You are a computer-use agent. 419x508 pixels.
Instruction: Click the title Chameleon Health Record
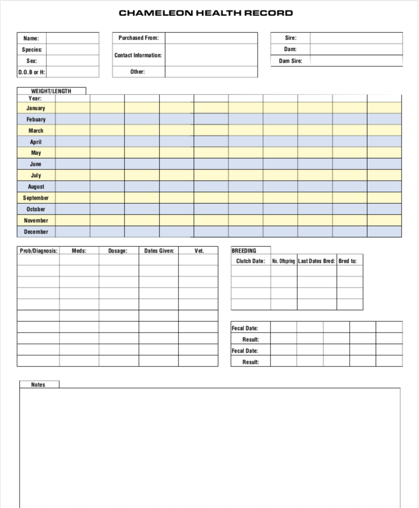(x=206, y=13)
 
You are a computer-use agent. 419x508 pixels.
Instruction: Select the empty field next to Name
(x=72, y=38)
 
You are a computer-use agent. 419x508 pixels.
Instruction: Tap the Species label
(x=32, y=50)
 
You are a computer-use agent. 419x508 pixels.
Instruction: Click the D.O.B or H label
(x=32, y=72)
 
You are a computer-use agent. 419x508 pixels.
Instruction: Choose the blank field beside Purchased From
(x=211, y=38)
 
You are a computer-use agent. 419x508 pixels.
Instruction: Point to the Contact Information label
(x=138, y=55)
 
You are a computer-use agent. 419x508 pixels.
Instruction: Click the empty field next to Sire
(x=356, y=38)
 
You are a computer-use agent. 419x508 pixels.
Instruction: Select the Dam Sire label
(x=290, y=61)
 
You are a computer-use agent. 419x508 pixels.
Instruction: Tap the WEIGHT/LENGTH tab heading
(x=51, y=91)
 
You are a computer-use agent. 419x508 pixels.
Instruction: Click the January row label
(x=36, y=108)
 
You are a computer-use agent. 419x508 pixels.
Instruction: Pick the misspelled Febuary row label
(x=36, y=120)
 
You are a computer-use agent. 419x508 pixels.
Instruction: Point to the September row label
(x=36, y=198)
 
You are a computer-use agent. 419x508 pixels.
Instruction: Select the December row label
(x=36, y=232)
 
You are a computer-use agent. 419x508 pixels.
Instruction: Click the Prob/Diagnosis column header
(x=39, y=251)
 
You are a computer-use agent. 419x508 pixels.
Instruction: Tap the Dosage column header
(x=118, y=251)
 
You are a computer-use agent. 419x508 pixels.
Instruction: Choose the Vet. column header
(x=199, y=251)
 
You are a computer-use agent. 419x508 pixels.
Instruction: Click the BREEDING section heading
(x=244, y=251)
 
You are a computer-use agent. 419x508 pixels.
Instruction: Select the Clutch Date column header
(x=250, y=261)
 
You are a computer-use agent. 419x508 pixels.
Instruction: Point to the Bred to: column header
(x=348, y=261)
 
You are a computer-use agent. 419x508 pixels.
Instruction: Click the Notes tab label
(x=39, y=385)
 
